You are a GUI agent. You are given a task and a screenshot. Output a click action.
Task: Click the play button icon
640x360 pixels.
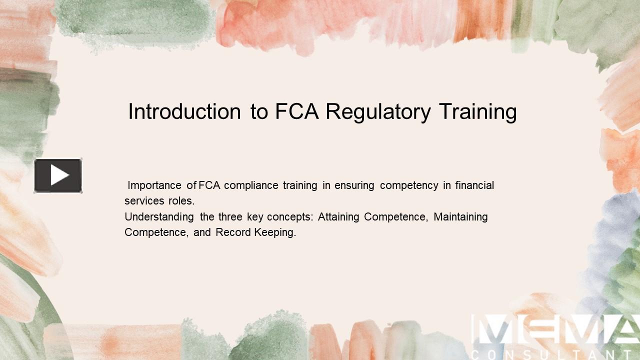click(x=58, y=175)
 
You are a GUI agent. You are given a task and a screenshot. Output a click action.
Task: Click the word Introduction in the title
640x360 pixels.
click(x=184, y=111)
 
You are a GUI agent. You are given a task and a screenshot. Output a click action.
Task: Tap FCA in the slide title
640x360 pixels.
click(x=297, y=111)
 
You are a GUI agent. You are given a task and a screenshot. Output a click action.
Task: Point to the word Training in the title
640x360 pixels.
click(x=478, y=111)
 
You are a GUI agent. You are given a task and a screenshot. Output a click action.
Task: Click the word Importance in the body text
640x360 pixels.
click(x=154, y=185)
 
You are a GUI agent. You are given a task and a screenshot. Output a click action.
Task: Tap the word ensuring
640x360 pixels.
click(x=354, y=185)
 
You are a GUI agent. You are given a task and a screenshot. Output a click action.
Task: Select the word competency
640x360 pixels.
click(x=409, y=185)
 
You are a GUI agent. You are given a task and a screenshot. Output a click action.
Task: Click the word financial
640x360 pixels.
click(x=474, y=185)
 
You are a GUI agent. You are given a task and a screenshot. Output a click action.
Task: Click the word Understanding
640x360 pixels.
click(x=159, y=217)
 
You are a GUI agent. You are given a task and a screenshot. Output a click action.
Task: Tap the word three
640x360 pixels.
click(x=230, y=217)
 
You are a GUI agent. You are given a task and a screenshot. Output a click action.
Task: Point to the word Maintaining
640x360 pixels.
click(x=460, y=217)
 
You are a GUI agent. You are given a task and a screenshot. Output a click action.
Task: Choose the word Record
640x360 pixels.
click(x=233, y=232)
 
